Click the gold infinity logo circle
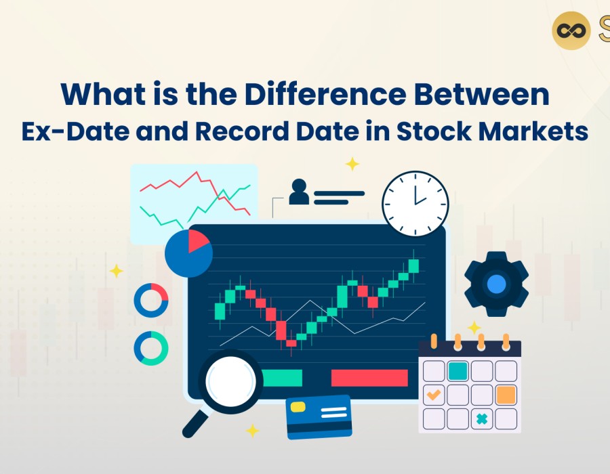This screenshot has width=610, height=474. [x=571, y=30]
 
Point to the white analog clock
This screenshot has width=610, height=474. [x=415, y=204]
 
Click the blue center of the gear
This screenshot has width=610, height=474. [x=496, y=284]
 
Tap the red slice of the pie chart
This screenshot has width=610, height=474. [x=198, y=241]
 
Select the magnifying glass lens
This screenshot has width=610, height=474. [x=231, y=381]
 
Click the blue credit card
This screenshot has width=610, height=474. [x=319, y=417]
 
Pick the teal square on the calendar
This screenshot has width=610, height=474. [x=458, y=371]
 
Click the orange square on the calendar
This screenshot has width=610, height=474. [x=506, y=395]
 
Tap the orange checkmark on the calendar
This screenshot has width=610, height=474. [x=434, y=395]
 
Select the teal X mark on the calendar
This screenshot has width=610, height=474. [x=482, y=419]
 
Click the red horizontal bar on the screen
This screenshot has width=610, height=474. [x=369, y=378]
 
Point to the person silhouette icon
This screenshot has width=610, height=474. [x=299, y=192]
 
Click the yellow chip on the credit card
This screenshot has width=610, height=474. [x=298, y=407]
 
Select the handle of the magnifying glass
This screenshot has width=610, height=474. [x=195, y=423]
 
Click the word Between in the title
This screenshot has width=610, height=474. [x=482, y=94]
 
